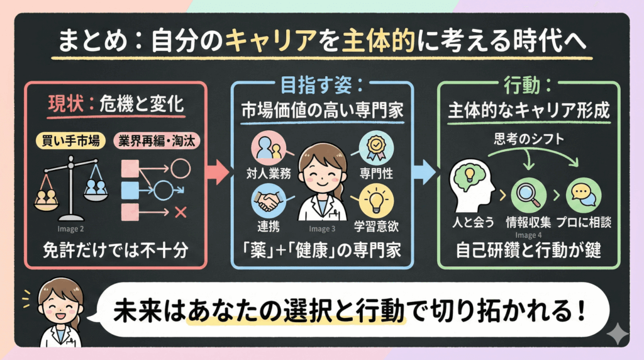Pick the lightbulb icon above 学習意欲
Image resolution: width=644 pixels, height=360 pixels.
click(376, 201)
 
